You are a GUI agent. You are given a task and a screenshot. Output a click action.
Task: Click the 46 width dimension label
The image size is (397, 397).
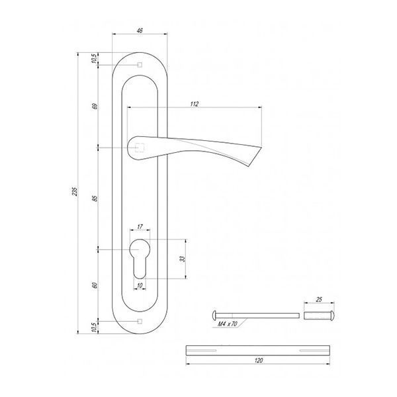(140, 30)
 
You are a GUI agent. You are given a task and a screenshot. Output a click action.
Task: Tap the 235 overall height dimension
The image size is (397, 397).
(74, 191)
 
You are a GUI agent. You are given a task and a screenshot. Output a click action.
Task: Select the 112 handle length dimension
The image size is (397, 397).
(194, 104)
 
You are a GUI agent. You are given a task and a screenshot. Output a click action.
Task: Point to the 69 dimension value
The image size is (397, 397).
(95, 107)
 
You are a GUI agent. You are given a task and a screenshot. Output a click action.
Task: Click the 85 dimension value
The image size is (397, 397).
(95, 198)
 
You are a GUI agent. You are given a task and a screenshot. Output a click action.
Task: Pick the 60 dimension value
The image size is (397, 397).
(95, 285)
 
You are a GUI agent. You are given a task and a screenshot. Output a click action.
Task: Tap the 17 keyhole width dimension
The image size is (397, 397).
(140, 226)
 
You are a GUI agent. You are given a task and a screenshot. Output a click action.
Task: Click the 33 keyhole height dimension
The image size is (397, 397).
(183, 259)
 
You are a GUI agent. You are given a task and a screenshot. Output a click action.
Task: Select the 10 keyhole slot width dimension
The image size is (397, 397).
(140, 285)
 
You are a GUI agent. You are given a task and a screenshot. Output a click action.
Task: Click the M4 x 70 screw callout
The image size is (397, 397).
(228, 324)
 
